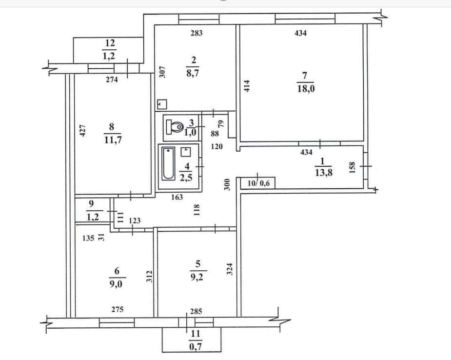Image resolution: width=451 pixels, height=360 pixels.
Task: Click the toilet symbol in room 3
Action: [x=175, y=127]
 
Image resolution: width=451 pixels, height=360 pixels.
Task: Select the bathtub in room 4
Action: [x=168, y=163]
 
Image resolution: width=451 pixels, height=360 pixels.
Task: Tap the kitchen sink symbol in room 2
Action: [x=162, y=104]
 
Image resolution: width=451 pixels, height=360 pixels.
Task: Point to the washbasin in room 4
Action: [x=186, y=152]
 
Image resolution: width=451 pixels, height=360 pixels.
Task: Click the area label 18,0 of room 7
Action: [x=306, y=89]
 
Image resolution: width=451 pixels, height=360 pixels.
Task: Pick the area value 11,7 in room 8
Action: [x=113, y=140]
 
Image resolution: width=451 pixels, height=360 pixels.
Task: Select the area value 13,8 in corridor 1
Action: [x=324, y=173]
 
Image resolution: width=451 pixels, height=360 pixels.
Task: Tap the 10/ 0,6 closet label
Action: [x=258, y=183]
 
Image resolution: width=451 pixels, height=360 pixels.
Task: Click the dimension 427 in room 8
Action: [x=82, y=130]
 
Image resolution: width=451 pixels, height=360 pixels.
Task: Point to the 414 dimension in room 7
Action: [x=247, y=86]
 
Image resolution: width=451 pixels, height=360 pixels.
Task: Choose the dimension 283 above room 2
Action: [x=196, y=33]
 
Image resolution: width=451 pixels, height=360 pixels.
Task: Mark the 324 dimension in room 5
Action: [x=230, y=269]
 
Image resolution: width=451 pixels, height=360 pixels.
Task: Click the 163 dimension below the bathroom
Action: [x=176, y=197]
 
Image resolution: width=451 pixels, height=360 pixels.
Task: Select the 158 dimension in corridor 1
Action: [x=352, y=168]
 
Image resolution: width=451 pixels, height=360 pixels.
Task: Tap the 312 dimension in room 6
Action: [x=149, y=276]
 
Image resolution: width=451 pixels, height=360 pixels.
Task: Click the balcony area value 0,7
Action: [x=196, y=347]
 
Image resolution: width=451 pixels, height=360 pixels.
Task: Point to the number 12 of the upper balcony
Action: [x=110, y=43]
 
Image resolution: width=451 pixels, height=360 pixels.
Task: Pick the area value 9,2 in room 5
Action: [x=197, y=277]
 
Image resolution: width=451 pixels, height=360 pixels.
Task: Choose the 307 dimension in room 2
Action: [x=162, y=72]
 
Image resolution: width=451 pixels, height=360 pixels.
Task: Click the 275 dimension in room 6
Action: [x=118, y=309]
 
